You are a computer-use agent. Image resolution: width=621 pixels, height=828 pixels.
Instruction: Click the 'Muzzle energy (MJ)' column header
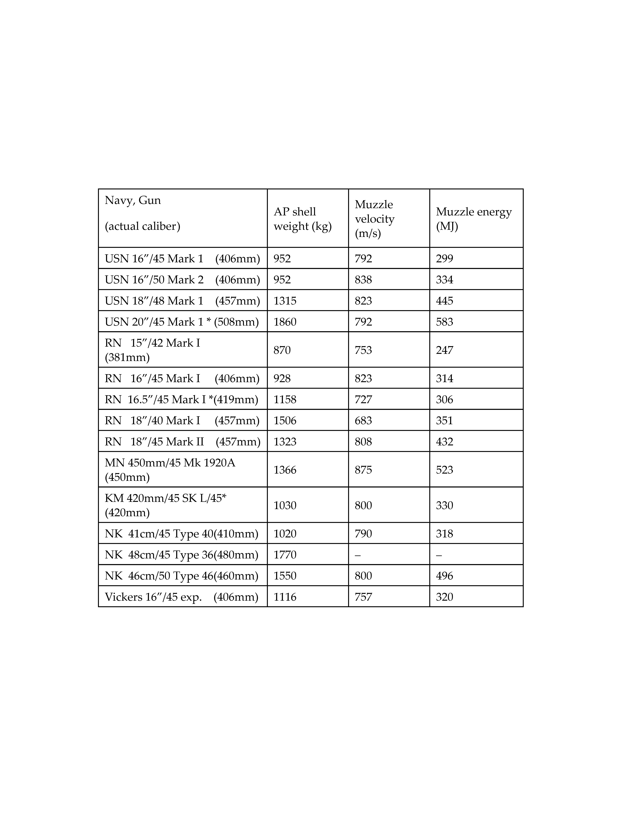tap(474, 219)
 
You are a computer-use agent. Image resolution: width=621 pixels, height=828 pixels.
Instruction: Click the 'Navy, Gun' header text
tap(133, 200)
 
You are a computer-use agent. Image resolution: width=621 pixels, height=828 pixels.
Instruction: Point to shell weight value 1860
tap(285, 322)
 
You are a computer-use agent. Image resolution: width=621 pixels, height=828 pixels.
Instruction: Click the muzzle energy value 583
tap(444, 322)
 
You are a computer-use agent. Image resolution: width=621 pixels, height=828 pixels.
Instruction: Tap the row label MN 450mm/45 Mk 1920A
tap(170, 463)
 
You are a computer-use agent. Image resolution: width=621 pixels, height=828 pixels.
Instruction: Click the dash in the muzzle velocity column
tap(357, 555)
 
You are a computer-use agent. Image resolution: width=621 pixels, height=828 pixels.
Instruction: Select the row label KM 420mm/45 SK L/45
tap(165, 498)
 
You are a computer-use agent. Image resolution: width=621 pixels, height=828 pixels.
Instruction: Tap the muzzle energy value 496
tap(444, 576)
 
